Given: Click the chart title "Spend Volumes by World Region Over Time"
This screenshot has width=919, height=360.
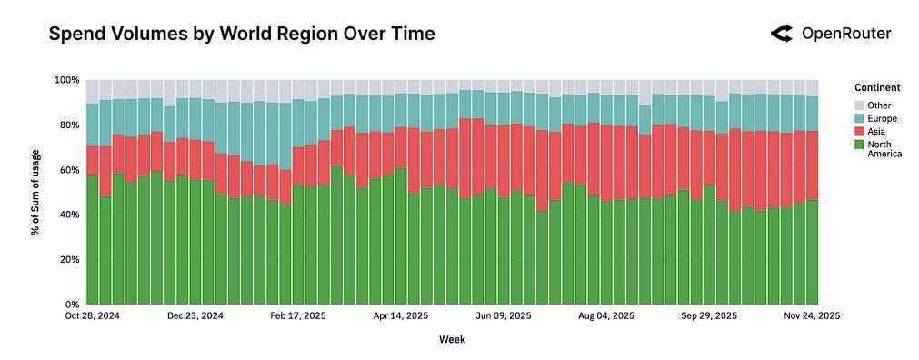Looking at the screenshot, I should click(x=241, y=35).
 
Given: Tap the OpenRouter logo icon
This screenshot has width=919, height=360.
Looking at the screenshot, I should click(x=781, y=35).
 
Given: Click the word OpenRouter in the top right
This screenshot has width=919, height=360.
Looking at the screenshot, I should click(x=845, y=35).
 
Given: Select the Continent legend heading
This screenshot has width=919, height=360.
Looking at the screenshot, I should click(x=877, y=88).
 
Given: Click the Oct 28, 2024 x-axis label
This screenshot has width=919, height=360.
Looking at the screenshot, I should click(x=93, y=316).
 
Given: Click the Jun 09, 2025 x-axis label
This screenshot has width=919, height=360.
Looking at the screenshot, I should click(x=505, y=316).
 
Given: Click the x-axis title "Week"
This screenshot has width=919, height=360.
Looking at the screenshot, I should click(x=452, y=339).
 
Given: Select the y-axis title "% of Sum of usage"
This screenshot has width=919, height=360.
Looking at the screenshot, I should click(x=35, y=192).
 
